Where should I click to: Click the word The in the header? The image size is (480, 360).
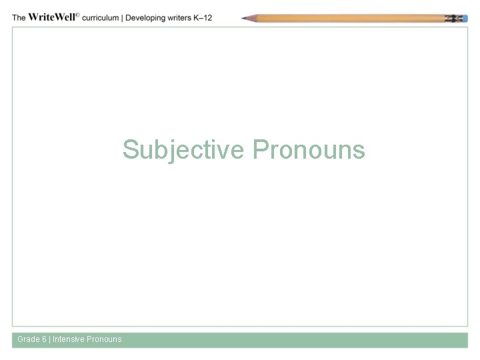(x=19, y=17)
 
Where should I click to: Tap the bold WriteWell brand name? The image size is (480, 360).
(x=53, y=17)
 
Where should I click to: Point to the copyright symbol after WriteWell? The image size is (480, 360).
(x=77, y=15)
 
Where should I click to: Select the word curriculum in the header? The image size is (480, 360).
(x=100, y=17)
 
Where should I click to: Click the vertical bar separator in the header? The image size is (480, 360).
(x=122, y=17)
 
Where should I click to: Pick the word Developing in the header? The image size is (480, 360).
(x=145, y=17)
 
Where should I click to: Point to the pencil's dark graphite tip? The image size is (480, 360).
(x=244, y=19)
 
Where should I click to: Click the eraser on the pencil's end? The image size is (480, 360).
(x=463, y=18)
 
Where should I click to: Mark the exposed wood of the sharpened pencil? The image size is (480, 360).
(x=252, y=18)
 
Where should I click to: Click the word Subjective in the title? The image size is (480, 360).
(x=183, y=149)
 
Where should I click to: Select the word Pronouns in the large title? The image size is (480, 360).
(x=309, y=149)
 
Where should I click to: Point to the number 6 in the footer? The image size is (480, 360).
(x=45, y=339)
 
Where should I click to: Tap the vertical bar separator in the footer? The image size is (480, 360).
(x=50, y=339)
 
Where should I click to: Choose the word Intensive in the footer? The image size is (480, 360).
(x=69, y=339)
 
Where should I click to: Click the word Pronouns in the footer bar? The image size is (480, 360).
(x=104, y=339)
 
